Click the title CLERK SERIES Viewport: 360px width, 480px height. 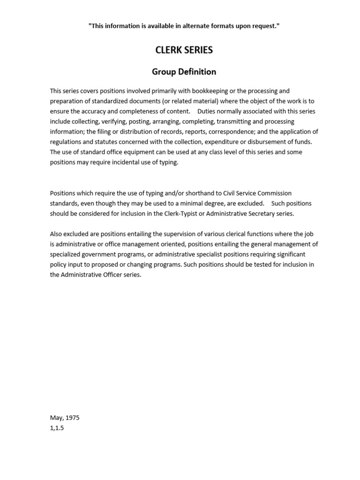pos(184,50)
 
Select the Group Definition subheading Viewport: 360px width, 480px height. pos(184,72)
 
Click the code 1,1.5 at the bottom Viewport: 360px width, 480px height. pos(57,428)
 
